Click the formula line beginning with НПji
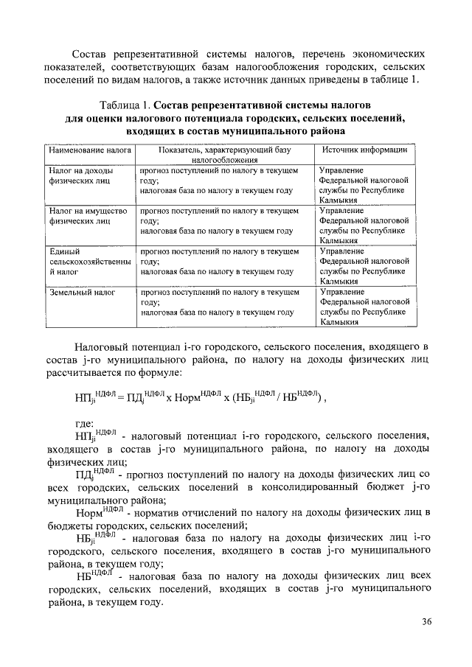[x=199, y=397]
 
